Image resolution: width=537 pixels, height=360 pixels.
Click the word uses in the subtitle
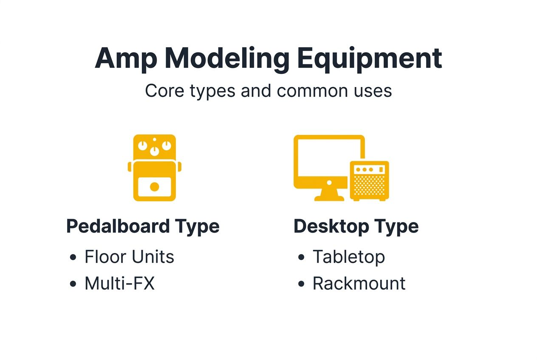[373, 91]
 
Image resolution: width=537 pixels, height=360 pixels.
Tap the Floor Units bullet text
[129, 257]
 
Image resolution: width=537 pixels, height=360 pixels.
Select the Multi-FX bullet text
[119, 283]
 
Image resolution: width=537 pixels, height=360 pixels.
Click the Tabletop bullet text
[348, 257]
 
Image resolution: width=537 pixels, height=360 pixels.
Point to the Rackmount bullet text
[359, 283]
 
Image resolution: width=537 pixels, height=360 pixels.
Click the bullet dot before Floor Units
[73, 257]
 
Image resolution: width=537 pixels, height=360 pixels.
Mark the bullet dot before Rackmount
[301, 284]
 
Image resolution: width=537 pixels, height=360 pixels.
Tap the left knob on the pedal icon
[143, 146]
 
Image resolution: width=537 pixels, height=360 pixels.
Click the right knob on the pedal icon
[166, 146]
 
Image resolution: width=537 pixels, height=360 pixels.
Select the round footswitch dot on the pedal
[155, 187]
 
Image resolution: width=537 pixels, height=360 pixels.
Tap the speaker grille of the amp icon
[369, 186]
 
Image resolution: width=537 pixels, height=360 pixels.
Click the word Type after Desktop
[396, 226]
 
